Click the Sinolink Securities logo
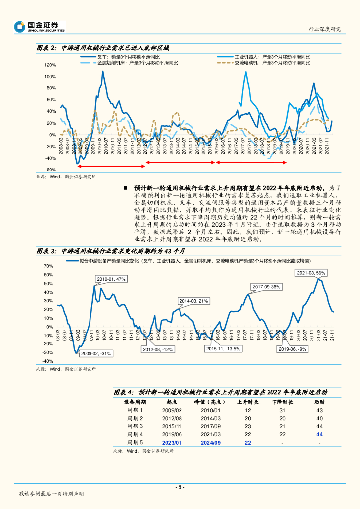pos(40,26)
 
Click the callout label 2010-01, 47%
pos(111,279)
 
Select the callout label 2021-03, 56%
pos(311,273)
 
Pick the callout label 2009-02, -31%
pos(97,353)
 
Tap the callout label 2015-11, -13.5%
pos(224,349)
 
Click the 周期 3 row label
pos(135,426)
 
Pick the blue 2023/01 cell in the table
pos(172,442)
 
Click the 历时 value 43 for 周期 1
pos(319,410)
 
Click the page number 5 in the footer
pos(180,487)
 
